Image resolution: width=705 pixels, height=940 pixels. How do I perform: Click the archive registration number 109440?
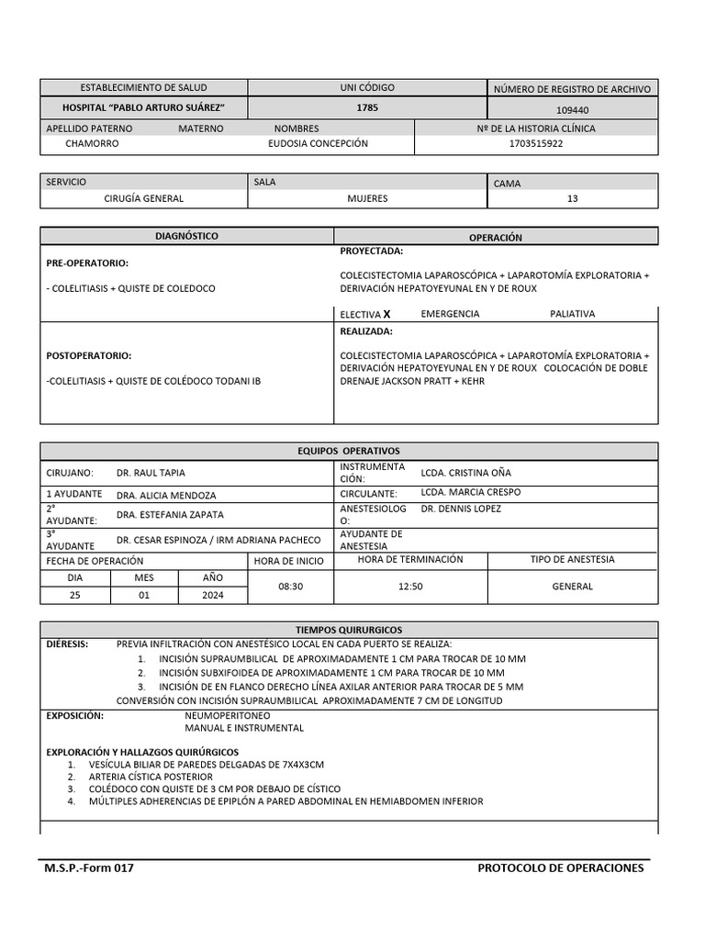572,109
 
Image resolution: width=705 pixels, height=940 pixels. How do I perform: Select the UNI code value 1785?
367,108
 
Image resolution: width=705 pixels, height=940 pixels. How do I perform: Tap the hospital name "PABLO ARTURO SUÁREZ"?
143,108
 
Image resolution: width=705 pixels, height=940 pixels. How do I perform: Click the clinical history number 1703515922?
536,144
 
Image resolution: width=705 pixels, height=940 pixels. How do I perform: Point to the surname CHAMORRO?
92,144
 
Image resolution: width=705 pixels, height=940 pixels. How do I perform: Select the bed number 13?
573,198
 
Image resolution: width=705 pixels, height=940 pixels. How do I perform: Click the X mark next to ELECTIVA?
387,314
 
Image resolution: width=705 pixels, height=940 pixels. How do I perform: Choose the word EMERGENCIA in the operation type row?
450,314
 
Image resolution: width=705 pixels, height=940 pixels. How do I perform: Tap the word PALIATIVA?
572,314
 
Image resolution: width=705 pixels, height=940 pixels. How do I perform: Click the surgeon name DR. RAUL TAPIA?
151,473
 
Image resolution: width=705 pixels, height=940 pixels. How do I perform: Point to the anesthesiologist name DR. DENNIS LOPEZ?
463,508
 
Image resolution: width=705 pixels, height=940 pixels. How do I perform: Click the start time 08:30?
291,586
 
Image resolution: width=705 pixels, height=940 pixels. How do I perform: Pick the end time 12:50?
409,586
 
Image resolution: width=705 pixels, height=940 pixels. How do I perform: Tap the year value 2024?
213,595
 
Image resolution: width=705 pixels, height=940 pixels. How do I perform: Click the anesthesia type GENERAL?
572,586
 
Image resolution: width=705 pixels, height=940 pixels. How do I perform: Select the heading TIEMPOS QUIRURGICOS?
349,631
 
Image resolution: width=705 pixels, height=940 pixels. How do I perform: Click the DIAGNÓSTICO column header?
186,236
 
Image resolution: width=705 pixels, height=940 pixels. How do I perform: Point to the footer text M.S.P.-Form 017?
89,868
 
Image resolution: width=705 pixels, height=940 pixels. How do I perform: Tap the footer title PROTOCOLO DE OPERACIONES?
561,868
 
